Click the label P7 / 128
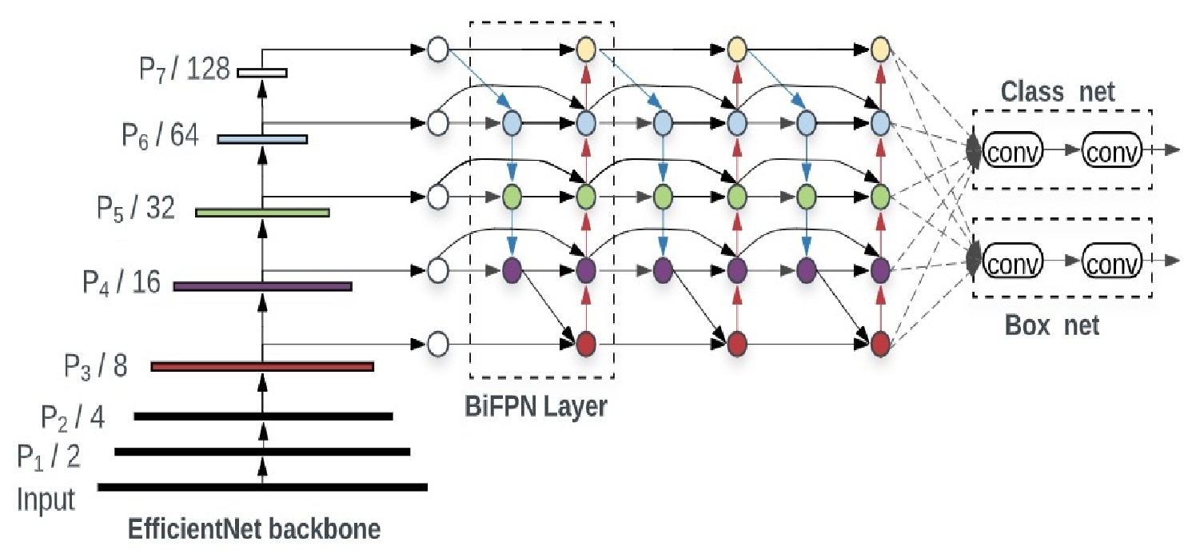coord(183,70)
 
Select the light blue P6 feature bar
coord(262,139)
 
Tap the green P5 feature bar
coord(262,213)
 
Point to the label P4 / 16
coord(122,282)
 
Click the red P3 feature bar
coord(262,367)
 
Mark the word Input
coord(46,500)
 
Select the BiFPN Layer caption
coord(536,406)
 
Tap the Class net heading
coord(1058,93)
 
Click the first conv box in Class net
coord(1013,149)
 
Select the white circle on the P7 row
coord(437,50)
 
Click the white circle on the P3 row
coord(437,345)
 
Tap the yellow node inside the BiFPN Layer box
coord(586,50)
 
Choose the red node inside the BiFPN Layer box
coord(586,345)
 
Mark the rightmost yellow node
coord(880,50)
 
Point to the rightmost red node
coord(880,345)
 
